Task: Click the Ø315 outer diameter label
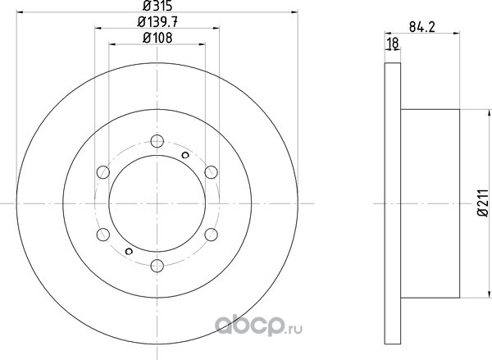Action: [x=157, y=6]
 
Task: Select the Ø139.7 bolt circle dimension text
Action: [x=157, y=22]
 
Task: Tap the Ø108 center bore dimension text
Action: [x=157, y=38]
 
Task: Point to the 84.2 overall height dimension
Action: [x=422, y=27]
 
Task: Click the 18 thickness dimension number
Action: [x=393, y=43]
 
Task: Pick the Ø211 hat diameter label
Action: [x=484, y=203]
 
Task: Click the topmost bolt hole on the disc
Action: [x=157, y=141]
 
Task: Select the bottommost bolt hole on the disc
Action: [x=157, y=266]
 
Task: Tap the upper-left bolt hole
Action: [x=103, y=172]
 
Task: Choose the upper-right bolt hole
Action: [x=212, y=172]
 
